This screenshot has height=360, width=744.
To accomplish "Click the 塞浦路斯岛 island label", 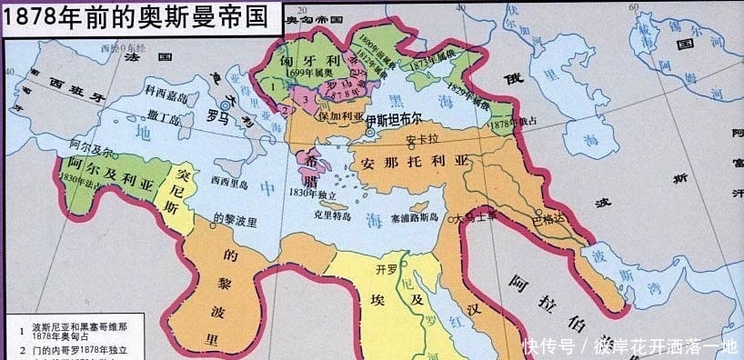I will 415,218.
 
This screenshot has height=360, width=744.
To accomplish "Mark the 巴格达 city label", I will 548,218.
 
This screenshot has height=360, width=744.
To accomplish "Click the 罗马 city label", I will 219,116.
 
